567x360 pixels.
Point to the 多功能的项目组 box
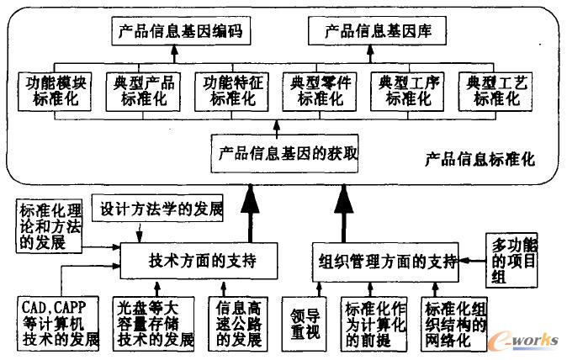(512, 259)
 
